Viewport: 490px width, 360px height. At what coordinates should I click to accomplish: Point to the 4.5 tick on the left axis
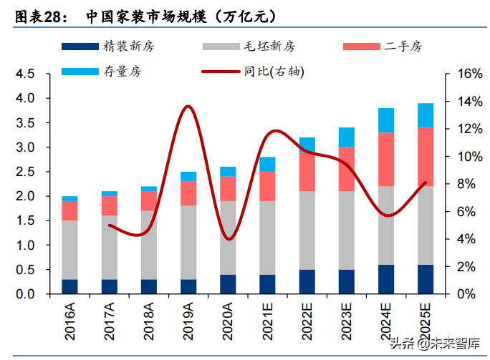click(25, 74)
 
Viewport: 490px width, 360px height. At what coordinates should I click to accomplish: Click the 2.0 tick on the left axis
click(25, 196)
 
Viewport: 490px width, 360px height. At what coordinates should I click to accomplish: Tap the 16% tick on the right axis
click(458, 74)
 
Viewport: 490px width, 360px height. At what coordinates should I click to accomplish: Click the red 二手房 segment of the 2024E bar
click(386, 159)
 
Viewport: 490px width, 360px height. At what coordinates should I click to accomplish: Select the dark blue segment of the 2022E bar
click(307, 282)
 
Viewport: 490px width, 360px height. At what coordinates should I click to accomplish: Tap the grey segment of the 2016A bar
click(69, 250)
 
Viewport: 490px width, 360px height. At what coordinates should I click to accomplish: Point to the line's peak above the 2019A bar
click(188, 106)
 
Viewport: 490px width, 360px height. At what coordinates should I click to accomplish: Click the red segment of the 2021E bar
click(267, 186)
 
